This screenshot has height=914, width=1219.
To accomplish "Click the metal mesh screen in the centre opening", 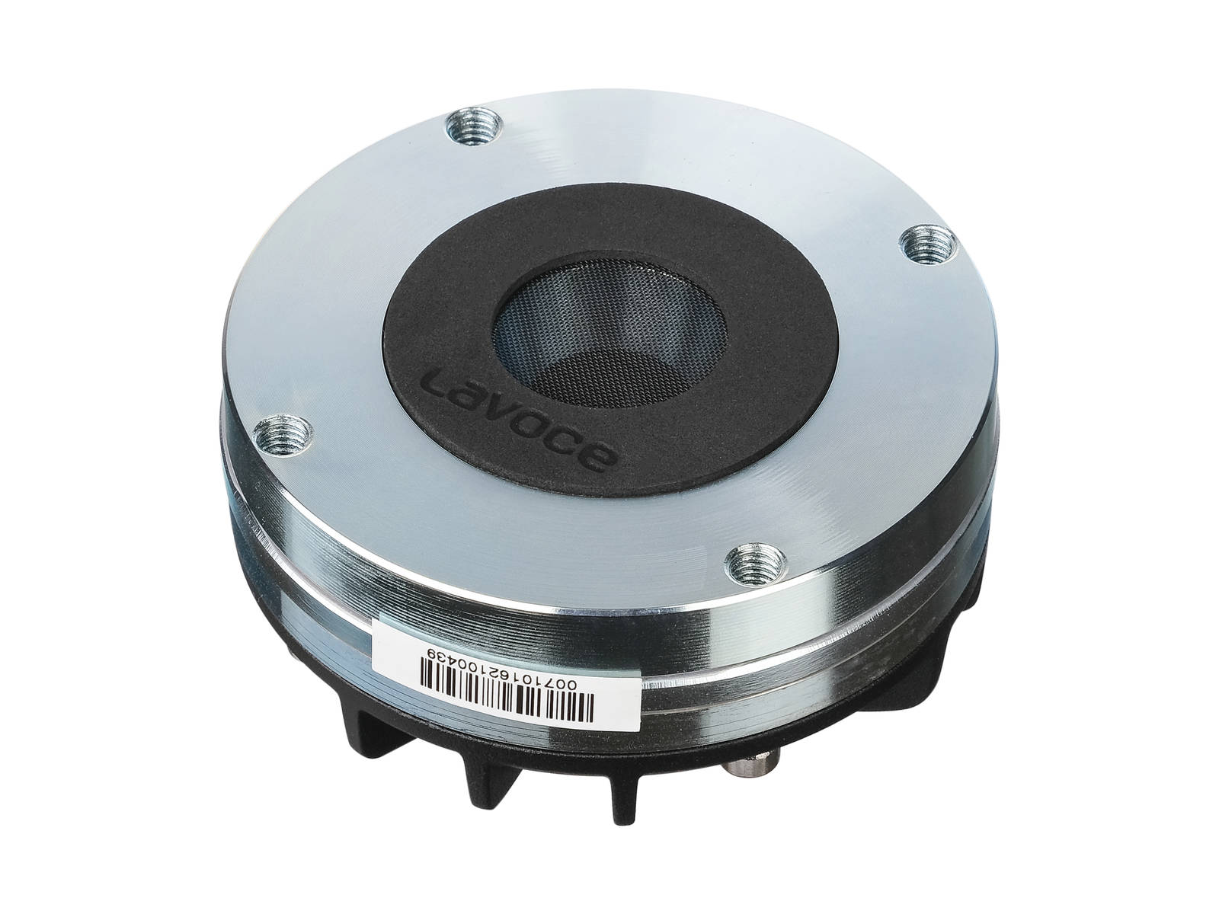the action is tap(610, 332).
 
